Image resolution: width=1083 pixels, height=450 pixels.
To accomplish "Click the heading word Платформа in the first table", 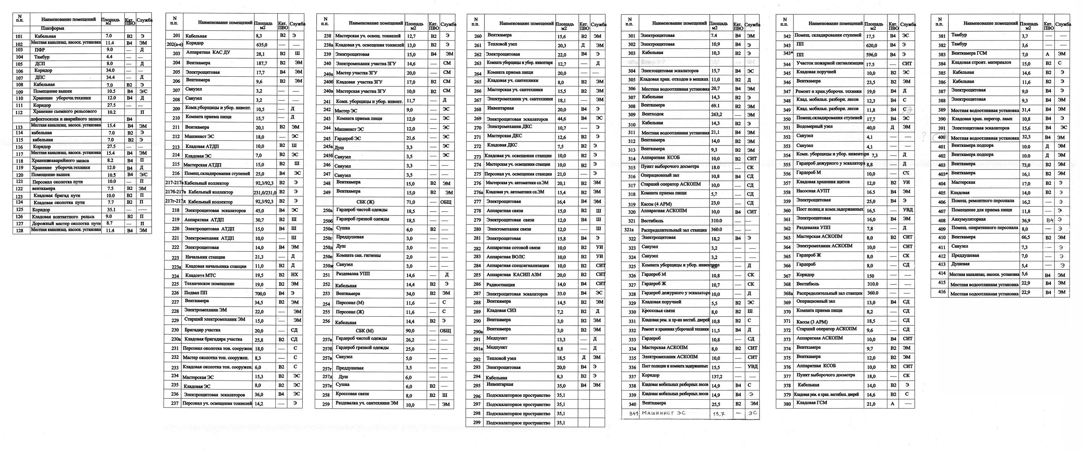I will pos(53,28).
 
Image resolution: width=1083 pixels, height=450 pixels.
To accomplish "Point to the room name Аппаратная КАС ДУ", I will pos(207,53).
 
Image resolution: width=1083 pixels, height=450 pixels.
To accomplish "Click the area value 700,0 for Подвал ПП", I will pos(260,293).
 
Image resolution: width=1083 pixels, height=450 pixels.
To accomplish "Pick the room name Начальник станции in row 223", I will pos(205,257).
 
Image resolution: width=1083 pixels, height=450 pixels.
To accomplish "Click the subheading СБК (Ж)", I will pos(365,202).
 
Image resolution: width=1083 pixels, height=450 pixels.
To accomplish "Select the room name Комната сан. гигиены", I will pos(358,256).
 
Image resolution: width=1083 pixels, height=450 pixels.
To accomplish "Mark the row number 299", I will pos(476,423).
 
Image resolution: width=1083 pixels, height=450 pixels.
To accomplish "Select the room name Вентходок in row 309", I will pos(652,114).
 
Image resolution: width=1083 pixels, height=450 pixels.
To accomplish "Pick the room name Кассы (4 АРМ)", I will pos(656,204).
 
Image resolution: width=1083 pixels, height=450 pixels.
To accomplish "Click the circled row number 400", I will pos(941,137).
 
